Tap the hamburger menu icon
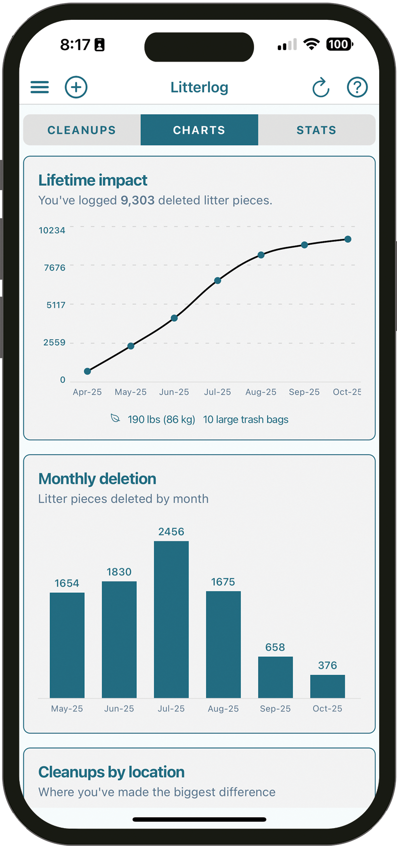click(40, 87)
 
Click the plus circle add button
click(76, 87)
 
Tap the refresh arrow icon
click(321, 88)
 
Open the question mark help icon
click(357, 87)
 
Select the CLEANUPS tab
click(82, 130)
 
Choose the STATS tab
click(316, 130)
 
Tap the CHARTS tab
click(199, 130)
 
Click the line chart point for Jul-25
click(217, 281)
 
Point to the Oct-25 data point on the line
click(348, 239)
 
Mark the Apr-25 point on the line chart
click(87, 371)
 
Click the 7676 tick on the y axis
click(55, 268)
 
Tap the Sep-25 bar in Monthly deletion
click(275, 677)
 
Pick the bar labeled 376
click(328, 686)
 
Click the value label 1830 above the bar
click(119, 572)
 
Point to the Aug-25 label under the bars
click(223, 708)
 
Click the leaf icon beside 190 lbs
click(115, 419)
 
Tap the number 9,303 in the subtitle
click(137, 201)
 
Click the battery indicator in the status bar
click(339, 45)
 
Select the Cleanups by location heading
click(111, 772)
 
